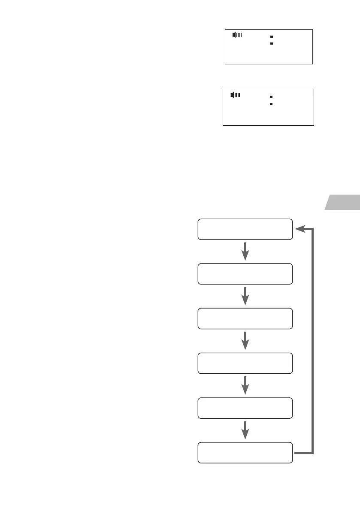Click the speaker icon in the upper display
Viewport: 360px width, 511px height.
coord(237,35)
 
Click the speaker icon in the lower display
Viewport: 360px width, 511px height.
coord(235,94)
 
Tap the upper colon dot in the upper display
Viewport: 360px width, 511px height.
coord(272,37)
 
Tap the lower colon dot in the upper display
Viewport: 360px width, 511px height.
coord(272,43)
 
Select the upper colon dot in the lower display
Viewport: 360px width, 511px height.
coord(271,97)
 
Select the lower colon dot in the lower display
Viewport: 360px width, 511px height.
coord(271,104)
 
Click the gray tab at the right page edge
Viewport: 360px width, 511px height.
coord(344,203)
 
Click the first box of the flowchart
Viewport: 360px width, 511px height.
coord(245,229)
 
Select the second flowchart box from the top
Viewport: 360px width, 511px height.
coord(245,274)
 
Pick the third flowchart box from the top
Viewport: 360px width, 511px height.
coord(245,318)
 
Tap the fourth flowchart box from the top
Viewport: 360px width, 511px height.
coord(245,363)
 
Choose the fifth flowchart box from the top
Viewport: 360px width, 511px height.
coord(245,408)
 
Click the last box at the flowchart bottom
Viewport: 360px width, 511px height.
coord(245,452)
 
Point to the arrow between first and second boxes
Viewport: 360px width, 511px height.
coord(245,251)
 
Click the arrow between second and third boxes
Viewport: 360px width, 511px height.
coord(245,296)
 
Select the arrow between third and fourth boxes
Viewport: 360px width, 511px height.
coord(245,341)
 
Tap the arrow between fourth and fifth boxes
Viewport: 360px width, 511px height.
coord(245,385)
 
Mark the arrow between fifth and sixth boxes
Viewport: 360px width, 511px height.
coord(245,430)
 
